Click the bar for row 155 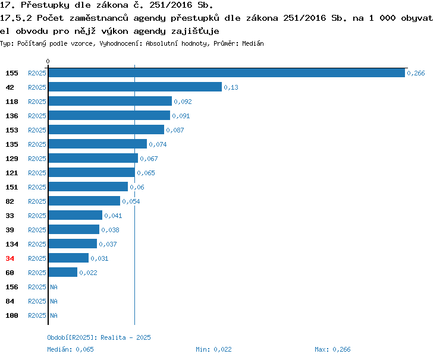(227, 72)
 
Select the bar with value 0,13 (135, 87)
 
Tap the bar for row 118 (111, 101)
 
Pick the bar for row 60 (63, 272)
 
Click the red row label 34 (10, 258)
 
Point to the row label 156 (12, 287)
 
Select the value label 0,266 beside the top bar (416, 73)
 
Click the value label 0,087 (175, 130)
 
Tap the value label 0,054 (131, 201)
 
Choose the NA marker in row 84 (54, 301)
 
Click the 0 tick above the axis (48, 61)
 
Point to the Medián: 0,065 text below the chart (70, 349)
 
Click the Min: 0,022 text (213, 349)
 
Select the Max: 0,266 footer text (332, 349)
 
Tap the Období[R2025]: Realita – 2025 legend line (99, 337)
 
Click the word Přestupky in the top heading (45, 5)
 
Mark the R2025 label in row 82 (37, 201)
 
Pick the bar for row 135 (98, 144)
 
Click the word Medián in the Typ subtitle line (253, 43)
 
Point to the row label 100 (12, 315)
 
